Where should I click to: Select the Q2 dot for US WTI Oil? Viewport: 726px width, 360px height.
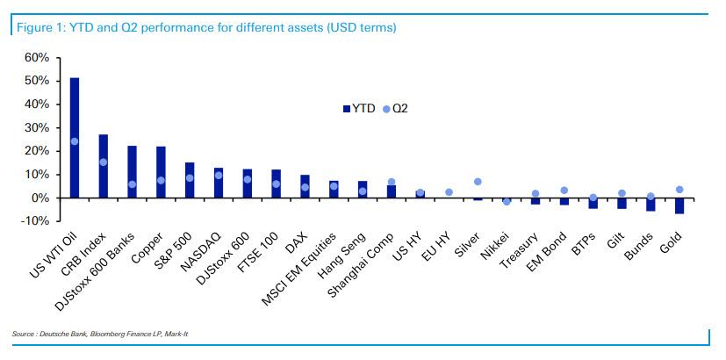[x=75, y=141]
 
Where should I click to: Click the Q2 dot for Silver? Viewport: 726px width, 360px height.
[x=478, y=182]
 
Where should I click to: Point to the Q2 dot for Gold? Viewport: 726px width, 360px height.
[x=679, y=190]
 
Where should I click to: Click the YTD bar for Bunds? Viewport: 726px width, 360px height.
[x=651, y=204]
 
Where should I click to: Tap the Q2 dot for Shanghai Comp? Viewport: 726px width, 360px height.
[x=392, y=182]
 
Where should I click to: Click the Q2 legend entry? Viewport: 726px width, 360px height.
[x=396, y=109]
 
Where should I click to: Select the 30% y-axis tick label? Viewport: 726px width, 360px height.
[x=36, y=127]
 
